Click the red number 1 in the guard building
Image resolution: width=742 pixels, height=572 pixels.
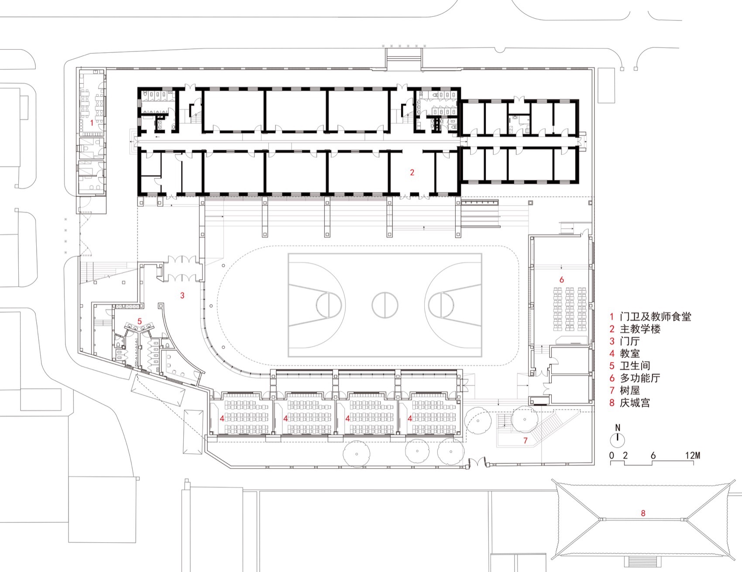[x=92, y=123]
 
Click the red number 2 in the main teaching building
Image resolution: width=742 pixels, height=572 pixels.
[x=412, y=172]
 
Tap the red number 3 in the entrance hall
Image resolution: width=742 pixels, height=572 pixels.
[x=182, y=295]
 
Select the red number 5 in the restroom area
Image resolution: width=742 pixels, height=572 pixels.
[x=140, y=322]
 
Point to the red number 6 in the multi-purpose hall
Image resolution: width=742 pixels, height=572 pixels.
[x=562, y=280]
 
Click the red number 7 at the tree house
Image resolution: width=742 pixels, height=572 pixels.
[x=526, y=441]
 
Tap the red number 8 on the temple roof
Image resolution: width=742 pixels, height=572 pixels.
[x=643, y=513]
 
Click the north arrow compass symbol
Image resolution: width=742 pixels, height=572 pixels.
[x=618, y=439]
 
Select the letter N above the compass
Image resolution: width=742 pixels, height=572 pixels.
[x=618, y=428]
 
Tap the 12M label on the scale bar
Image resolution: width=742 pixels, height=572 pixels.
[x=692, y=456]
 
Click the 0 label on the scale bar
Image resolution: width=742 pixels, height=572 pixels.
[x=612, y=456]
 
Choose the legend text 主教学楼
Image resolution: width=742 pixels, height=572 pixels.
[x=640, y=329]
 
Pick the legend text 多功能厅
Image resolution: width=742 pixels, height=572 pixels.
[x=640, y=378]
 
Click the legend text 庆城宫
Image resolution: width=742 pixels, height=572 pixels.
[x=635, y=402]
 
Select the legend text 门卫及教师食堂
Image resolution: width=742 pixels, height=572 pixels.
[x=656, y=317]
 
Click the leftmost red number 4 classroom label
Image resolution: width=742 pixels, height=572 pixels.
[x=222, y=418]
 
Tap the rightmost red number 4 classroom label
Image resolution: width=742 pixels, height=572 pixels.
[x=410, y=418]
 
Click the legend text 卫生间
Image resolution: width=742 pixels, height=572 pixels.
[x=635, y=366]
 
